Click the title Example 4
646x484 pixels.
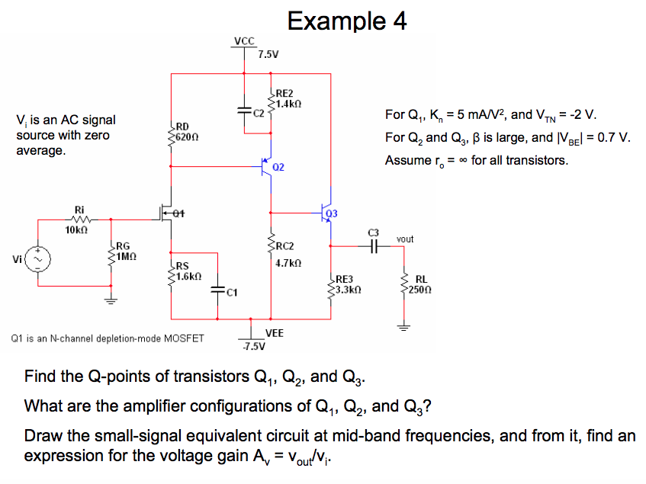pos(347,21)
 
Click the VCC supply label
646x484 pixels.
pos(245,41)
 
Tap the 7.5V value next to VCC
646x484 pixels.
pos(268,54)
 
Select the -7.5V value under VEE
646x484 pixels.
pos(253,348)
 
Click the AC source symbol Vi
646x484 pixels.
pos(38,258)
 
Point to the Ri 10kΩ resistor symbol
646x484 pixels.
pos(79,218)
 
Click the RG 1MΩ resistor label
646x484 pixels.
pos(126,252)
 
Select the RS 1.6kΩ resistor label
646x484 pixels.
pos(187,271)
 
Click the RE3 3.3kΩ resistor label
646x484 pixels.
pos(347,285)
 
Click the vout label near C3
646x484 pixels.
pos(405,239)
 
